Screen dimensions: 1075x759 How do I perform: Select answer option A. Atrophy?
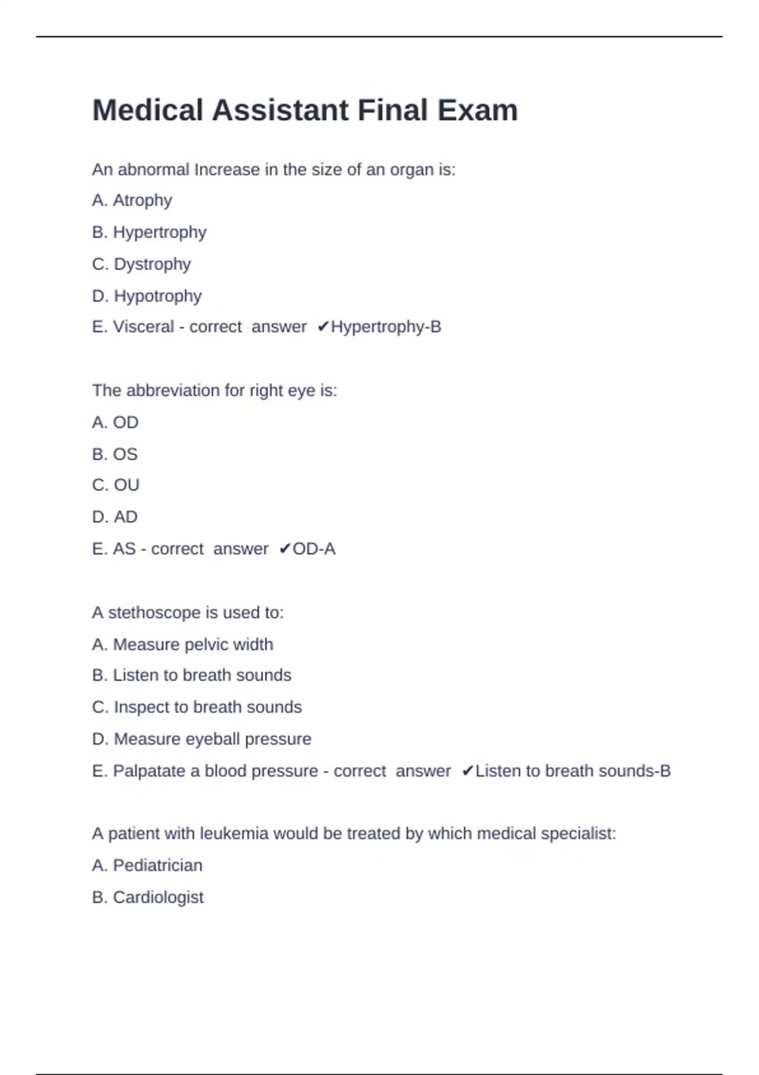(x=132, y=200)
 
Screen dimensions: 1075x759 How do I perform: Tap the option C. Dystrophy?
(x=141, y=264)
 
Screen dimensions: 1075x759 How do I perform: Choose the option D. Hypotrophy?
(x=147, y=296)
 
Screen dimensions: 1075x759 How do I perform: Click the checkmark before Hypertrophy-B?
(x=323, y=327)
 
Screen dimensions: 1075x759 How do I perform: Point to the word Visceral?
(x=143, y=327)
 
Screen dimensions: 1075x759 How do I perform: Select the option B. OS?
(x=114, y=454)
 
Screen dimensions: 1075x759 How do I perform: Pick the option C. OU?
(x=116, y=485)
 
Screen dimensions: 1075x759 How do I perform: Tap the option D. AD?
(x=114, y=517)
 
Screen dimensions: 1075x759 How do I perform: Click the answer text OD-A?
(x=314, y=549)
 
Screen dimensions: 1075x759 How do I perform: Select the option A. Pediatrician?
(x=147, y=865)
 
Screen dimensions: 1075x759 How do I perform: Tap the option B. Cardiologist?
(x=148, y=897)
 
